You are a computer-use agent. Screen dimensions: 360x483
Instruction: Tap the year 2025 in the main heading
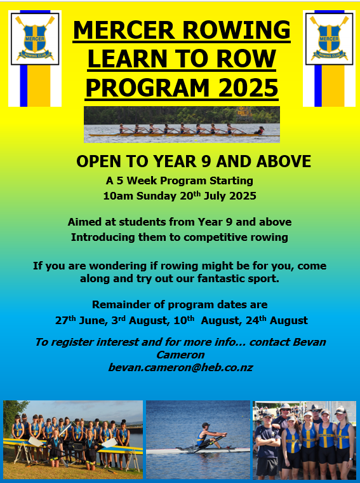[x=248, y=88]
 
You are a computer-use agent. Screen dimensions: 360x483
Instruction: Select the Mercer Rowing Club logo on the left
[x=35, y=39]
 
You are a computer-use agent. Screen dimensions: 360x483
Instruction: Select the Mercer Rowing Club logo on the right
[x=329, y=39]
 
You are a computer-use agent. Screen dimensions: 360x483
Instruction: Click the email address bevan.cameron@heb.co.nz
[x=180, y=367]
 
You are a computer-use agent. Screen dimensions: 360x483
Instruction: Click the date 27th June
[x=81, y=320]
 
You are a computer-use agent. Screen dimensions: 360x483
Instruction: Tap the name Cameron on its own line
[x=180, y=355]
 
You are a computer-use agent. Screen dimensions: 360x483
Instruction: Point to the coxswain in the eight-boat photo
[x=260, y=131]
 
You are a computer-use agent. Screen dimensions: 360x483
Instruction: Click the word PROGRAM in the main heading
[x=148, y=88]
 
